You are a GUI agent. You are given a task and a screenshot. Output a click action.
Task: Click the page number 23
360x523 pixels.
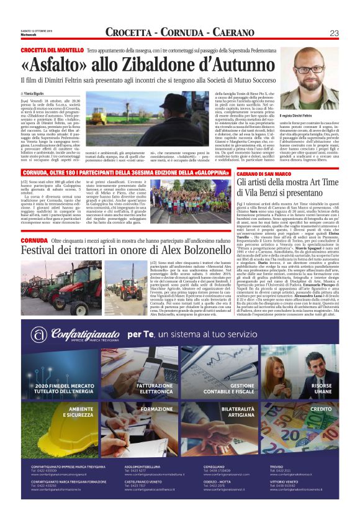333,33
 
